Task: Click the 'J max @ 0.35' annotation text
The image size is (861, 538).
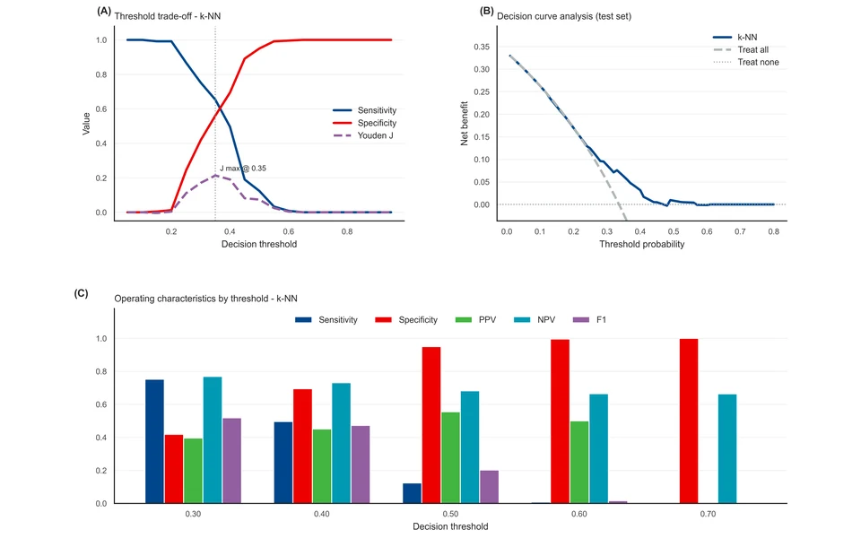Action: (243, 168)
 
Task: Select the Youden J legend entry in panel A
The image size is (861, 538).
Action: (363, 135)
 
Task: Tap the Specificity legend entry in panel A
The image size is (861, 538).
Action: (365, 123)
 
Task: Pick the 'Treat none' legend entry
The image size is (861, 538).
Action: (745, 62)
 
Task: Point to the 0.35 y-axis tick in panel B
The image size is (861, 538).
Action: (482, 47)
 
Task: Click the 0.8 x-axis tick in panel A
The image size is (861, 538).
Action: (347, 231)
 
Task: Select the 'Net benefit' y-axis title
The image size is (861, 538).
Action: (464, 124)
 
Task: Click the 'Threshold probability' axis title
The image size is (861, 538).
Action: (641, 244)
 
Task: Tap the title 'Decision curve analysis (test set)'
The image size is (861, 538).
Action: (564, 16)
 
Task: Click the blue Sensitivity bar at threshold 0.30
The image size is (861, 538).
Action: (154, 441)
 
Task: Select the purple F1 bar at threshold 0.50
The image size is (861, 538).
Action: (490, 486)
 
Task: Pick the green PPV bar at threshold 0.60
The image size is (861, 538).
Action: (579, 463)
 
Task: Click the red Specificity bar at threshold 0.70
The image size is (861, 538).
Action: (689, 421)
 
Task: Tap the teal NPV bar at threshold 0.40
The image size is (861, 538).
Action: (341, 443)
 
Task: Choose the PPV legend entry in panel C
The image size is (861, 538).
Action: (475, 319)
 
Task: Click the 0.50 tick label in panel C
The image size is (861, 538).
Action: (450, 514)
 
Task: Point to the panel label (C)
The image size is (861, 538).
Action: (81, 293)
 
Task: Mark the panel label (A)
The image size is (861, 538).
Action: (104, 11)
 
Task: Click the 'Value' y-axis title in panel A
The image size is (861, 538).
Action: (86, 124)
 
